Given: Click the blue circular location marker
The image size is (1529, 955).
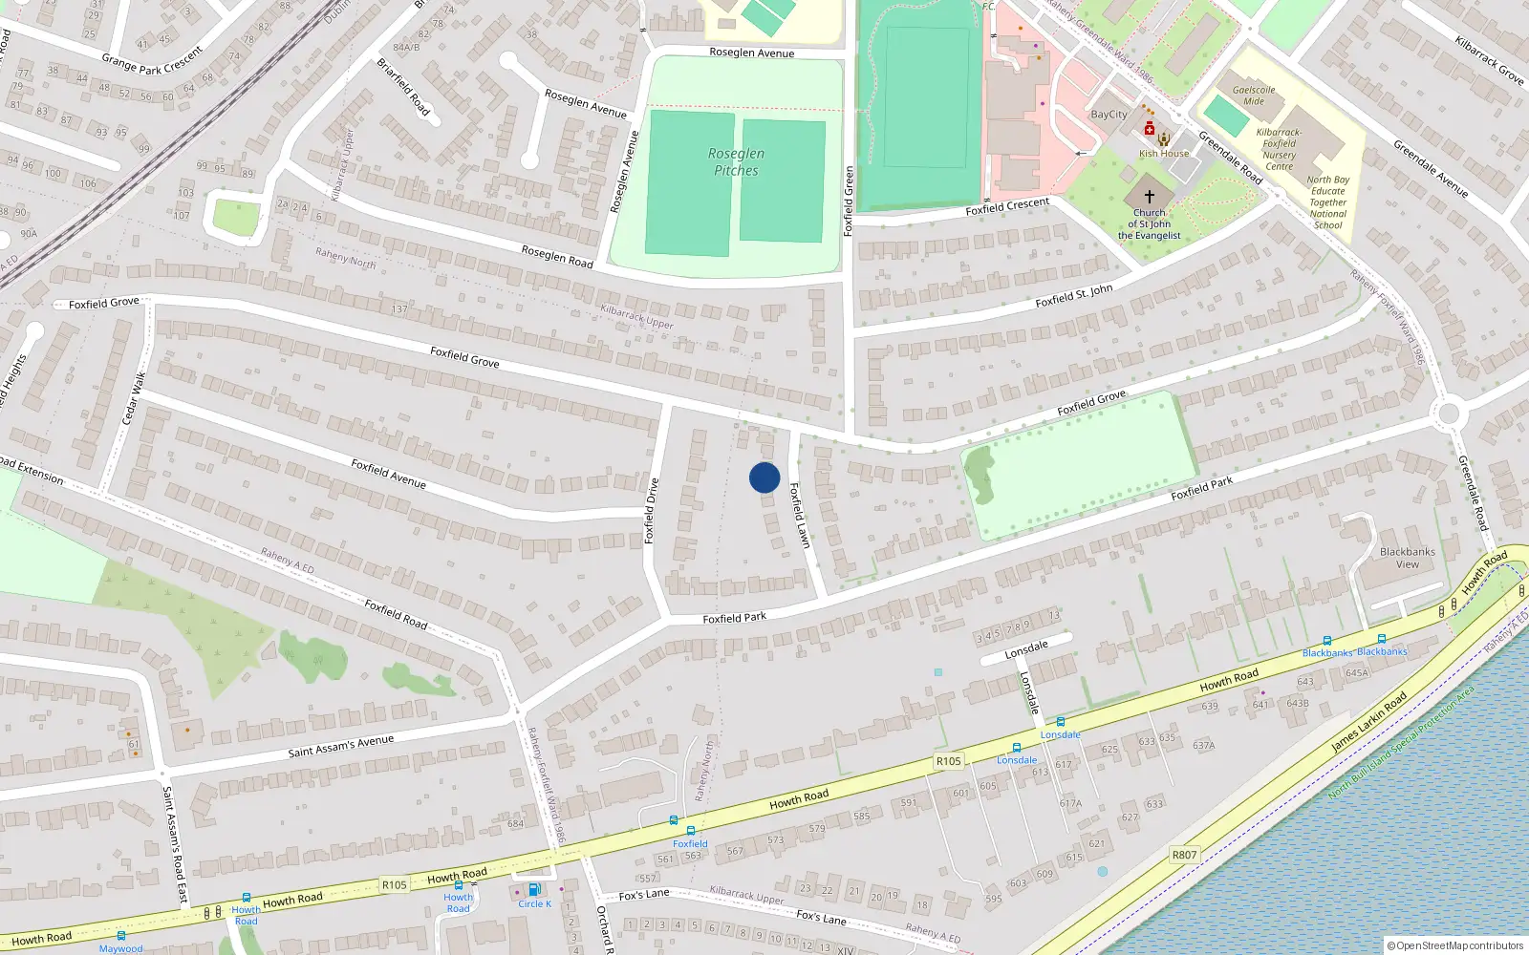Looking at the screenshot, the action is pos(764,477).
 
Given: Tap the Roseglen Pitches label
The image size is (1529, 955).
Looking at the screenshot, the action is pos(736,162).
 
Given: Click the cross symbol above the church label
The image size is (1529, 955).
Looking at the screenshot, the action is pos(1150,196).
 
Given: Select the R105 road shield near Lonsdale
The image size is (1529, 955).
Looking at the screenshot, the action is pos(948,761).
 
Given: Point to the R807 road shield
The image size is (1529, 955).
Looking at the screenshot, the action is pos(1184,855).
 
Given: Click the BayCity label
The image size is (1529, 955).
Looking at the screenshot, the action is pos(1109,115).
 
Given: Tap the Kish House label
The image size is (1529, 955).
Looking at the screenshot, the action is pos(1164,153).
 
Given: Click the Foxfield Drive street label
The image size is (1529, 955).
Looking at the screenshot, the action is pos(652,511).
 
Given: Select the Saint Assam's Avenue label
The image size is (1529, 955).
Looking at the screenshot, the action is pos(341,747).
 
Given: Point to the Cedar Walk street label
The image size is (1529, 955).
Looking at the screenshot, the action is pos(134,399).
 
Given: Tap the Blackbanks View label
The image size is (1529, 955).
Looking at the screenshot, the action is pos(1407,558).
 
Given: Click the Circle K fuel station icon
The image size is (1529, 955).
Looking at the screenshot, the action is pos(533,889).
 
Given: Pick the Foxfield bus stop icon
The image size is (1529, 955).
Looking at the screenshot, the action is pos(690,831).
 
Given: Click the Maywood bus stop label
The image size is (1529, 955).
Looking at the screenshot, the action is pos(120,948).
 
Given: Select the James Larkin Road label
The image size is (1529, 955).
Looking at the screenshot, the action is pos(1368,721).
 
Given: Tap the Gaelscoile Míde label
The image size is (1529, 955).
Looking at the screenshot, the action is pos(1254,95).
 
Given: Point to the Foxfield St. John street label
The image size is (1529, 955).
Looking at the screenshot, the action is pos(1073,296).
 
